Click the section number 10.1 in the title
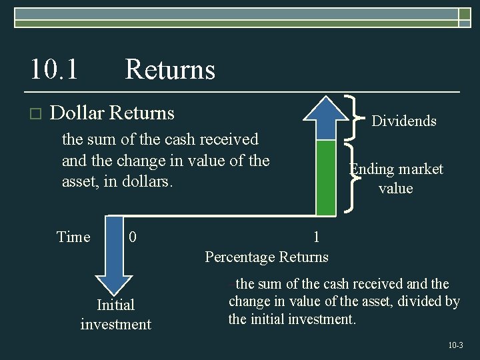pos(53,69)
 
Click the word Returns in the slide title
pos(170,69)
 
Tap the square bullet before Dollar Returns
pos(35,114)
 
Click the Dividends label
pos(403,121)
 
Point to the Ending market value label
pos(397,179)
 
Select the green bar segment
pos(325,177)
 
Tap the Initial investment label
pos(116,315)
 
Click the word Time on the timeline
pos(73,237)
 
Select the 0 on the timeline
pos(133,237)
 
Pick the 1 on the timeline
pos(316,237)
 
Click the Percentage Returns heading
pos(267,257)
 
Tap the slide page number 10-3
pos(455,345)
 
